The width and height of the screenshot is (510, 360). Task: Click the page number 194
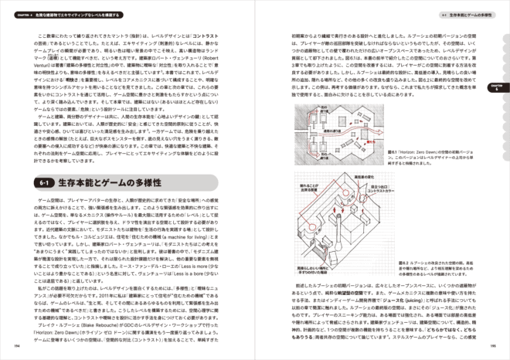16,346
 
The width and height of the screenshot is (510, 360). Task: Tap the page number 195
492,346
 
